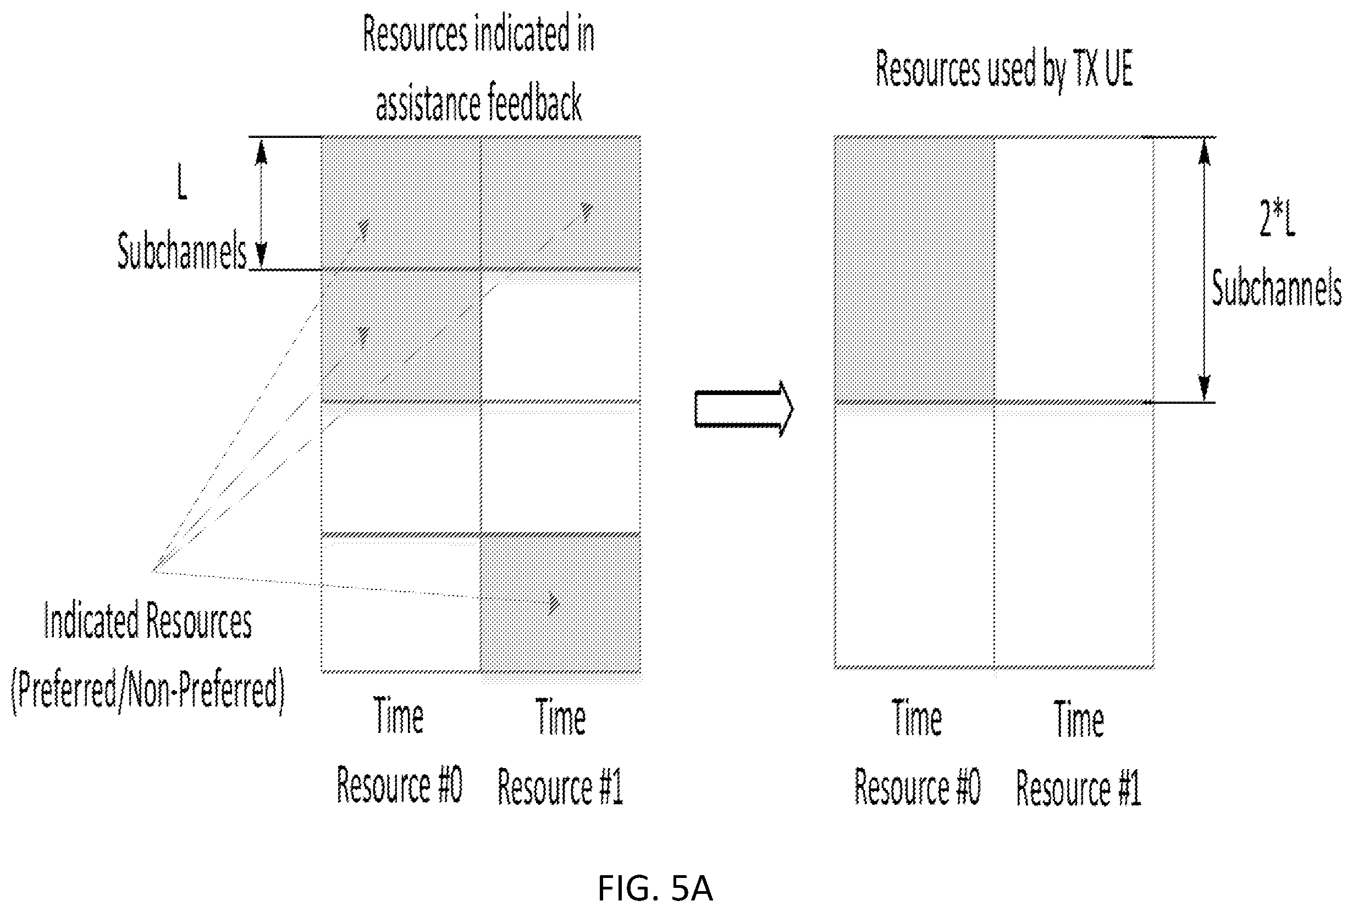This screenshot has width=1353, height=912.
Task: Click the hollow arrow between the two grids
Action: tap(743, 408)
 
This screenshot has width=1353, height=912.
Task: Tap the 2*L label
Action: tap(1277, 218)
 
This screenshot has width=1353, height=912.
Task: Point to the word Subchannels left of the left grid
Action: tap(182, 251)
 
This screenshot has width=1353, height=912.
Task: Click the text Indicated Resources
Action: tap(148, 621)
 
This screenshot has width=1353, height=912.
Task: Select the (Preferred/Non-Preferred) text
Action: tap(148, 689)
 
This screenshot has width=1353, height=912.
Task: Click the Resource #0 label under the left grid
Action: tap(399, 785)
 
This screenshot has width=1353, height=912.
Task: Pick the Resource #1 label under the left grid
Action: tap(560, 786)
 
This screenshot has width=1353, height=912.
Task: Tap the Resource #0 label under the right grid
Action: tap(917, 786)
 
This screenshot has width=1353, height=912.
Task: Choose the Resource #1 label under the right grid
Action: tap(1078, 788)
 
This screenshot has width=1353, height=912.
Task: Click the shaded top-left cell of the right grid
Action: tap(914, 269)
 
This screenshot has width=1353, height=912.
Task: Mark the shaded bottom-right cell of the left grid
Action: tap(560, 603)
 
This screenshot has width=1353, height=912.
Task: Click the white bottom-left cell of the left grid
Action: tap(401, 603)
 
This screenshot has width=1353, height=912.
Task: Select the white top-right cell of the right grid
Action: tap(1074, 269)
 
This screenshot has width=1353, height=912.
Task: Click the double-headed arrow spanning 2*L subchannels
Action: tap(1204, 269)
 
